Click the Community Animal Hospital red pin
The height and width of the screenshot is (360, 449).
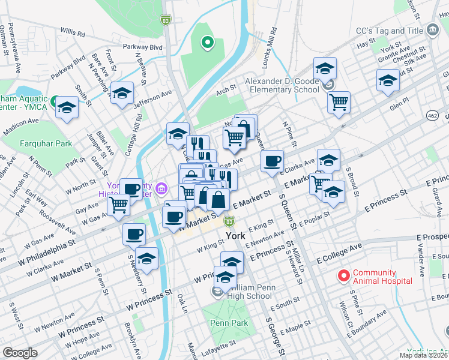click(x=344, y=276)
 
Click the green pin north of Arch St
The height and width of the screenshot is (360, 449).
click(x=207, y=43)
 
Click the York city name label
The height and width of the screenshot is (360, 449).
click(x=235, y=236)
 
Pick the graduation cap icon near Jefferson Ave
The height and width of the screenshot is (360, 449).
click(x=122, y=94)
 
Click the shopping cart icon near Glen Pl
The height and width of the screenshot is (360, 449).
click(x=339, y=101)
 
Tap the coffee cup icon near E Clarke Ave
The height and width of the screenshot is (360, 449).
click(x=273, y=160)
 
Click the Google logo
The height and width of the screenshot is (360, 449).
click(x=20, y=353)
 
